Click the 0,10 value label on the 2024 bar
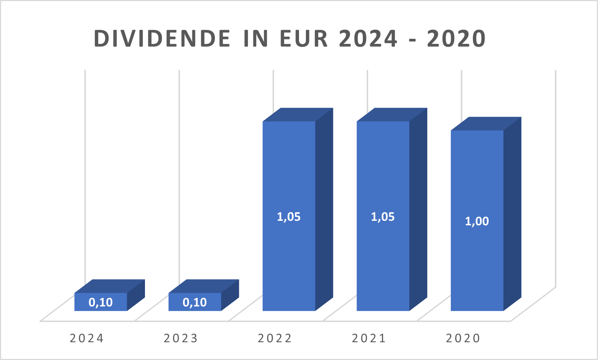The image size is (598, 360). point(101,302)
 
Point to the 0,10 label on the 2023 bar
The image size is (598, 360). point(195,302)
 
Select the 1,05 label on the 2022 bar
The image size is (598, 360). point(289,217)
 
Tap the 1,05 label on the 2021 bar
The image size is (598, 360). point(383,217)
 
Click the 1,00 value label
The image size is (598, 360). point(477,221)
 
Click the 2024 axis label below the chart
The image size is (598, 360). point(87,338)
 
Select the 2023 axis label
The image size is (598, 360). point(180,338)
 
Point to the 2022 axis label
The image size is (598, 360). point(275,338)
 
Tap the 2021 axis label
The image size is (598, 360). point(369,338)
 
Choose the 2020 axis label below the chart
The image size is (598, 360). point(463,338)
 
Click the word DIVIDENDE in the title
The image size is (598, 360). point(162,39)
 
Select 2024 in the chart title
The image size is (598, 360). point(368,39)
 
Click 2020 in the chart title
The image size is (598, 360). point(456,39)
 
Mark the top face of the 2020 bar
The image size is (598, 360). point(486,124)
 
